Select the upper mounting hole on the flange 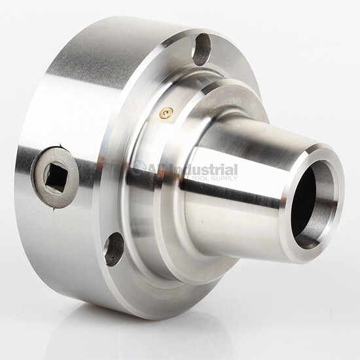(202, 49)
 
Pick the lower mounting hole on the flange (114, 249)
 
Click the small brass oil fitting (166, 113)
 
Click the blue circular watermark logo (139, 170)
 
